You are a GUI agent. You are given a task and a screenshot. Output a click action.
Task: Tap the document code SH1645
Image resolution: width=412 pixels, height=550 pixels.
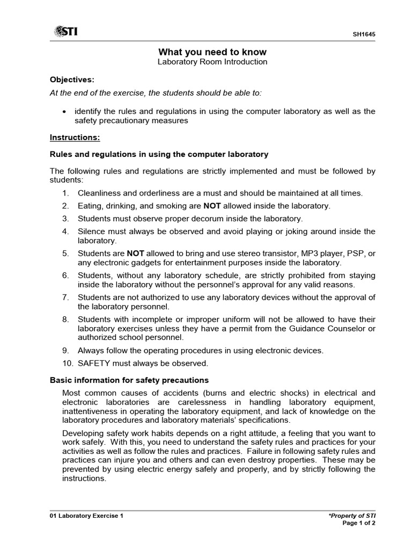coord(364,34)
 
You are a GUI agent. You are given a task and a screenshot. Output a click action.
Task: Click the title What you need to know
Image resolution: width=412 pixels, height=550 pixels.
coord(212,52)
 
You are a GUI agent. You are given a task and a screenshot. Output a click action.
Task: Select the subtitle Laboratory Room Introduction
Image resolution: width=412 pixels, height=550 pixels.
coord(212,62)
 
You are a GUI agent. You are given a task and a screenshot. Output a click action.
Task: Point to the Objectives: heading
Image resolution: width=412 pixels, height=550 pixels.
coord(72,79)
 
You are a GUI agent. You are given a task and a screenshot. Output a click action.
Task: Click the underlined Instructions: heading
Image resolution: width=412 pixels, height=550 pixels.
coord(75,137)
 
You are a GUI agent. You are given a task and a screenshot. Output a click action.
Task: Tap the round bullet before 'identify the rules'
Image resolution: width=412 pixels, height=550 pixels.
coord(64,112)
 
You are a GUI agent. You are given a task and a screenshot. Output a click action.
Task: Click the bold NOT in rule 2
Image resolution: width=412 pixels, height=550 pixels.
coord(212,206)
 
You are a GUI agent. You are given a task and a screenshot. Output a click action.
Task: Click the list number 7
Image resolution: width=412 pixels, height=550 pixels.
coord(65,297)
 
